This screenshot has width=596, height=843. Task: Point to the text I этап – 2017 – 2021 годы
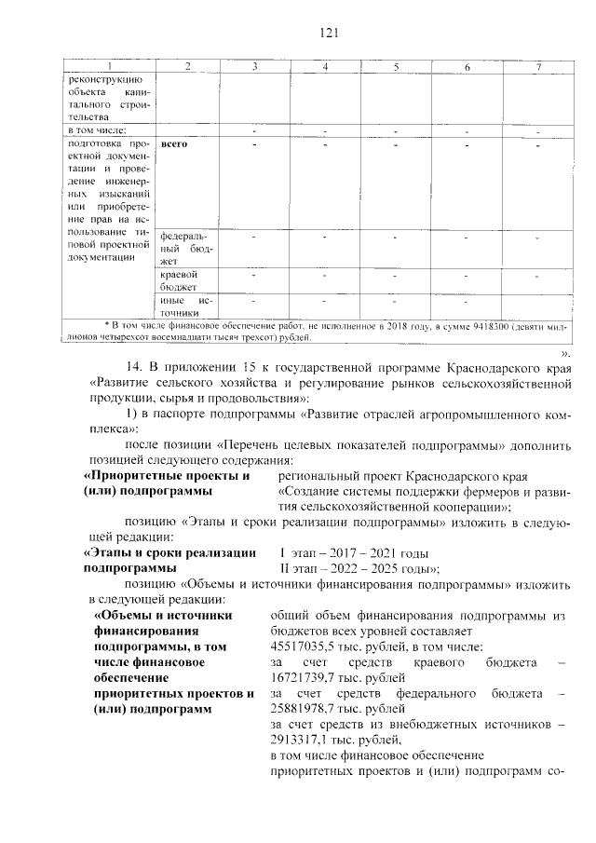click(x=353, y=552)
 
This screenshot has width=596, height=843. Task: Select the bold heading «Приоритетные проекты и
click(x=169, y=476)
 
